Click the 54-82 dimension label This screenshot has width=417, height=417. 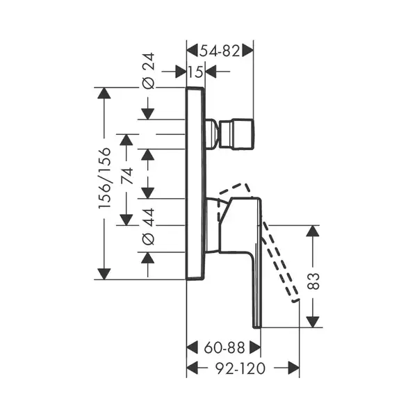click(x=220, y=51)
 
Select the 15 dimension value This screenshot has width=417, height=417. click(x=196, y=72)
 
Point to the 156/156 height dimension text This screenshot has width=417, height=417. click(x=104, y=178)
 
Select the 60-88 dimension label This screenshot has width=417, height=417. click(x=224, y=347)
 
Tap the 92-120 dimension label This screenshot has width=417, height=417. click(x=240, y=368)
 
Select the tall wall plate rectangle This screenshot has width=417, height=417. click(x=196, y=183)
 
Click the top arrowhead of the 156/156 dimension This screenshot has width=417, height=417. click(x=104, y=93)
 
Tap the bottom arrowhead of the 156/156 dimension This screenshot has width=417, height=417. click(x=104, y=274)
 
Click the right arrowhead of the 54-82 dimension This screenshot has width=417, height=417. click(x=247, y=51)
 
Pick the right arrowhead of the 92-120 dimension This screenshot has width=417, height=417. click(x=293, y=368)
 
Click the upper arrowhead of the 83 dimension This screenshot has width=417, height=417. click(x=313, y=231)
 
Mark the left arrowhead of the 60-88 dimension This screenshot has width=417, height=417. click(x=193, y=347)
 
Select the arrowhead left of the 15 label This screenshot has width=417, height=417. click(x=181, y=72)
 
